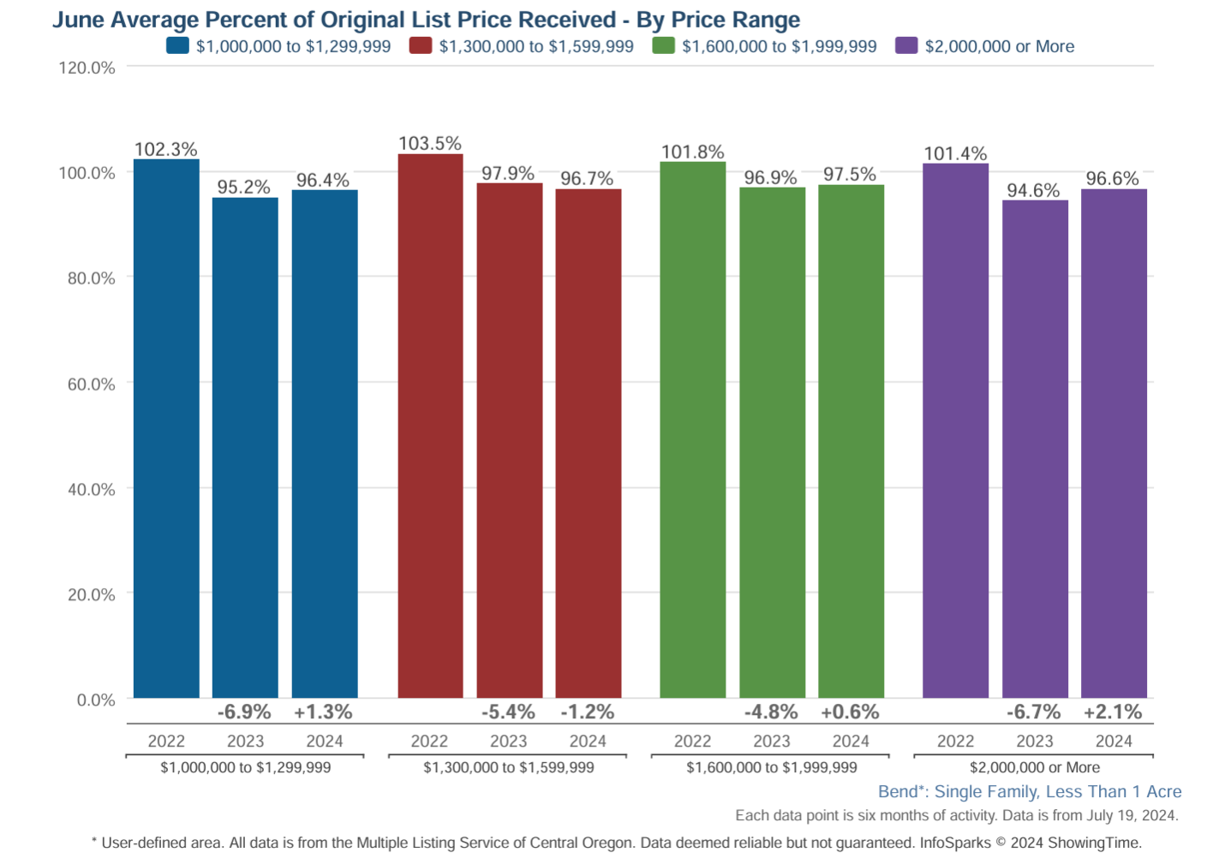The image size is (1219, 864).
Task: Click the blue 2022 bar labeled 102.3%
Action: pyautogui.click(x=166, y=428)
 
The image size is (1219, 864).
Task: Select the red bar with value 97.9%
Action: pyautogui.click(x=509, y=440)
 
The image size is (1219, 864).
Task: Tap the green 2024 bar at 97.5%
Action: pyautogui.click(x=851, y=441)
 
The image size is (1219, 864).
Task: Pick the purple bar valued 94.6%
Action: pyautogui.click(x=1035, y=449)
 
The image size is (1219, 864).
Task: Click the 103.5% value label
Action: pyautogui.click(x=430, y=144)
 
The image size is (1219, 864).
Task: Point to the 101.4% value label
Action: pyautogui.click(x=955, y=154)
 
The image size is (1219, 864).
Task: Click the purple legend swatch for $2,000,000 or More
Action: pyautogui.click(x=906, y=46)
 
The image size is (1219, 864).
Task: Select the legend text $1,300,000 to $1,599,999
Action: pyautogui.click(x=536, y=47)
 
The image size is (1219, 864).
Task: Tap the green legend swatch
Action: pyautogui.click(x=663, y=46)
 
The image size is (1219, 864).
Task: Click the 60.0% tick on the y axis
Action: pyautogui.click(x=91, y=384)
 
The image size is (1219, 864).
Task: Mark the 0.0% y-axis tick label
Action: pyautogui.click(x=96, y=700)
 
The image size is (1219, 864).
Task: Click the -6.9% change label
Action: pyautogui.click(x=244, y=712)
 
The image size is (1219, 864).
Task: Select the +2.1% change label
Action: pyautogui.click(x=1113, y=712)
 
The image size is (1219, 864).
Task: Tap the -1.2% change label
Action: pyautogui.click(x=588, y=712)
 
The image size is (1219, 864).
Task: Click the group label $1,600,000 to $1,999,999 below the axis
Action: pyautogui.click(x=771, y=768)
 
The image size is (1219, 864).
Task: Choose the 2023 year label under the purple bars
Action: pyautogui.click(x=1035, y=742)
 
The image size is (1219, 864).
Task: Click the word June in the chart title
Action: pyautogui.click(x=78, y=20)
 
